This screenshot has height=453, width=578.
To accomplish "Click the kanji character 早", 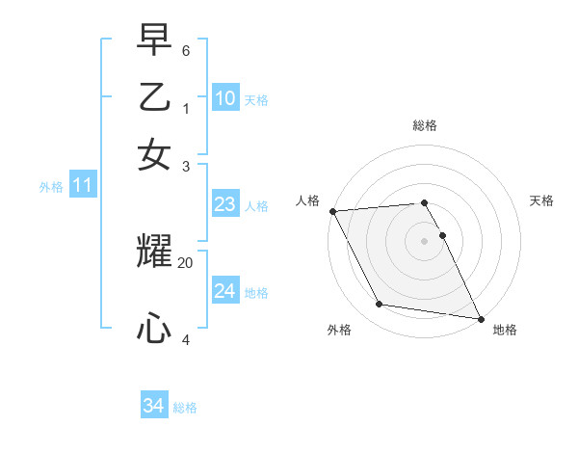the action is (154, 40).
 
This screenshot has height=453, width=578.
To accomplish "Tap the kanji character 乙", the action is (154, 98).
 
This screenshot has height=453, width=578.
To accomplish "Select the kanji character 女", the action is (154, 155).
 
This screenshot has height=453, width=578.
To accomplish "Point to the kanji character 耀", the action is (154, 253).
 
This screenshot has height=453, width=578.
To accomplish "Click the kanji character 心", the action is (154, 330).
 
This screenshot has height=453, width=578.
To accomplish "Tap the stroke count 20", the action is (186, 262).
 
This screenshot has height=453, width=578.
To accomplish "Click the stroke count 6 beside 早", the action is (186, 49).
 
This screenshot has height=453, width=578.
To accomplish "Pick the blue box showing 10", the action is (224, 98).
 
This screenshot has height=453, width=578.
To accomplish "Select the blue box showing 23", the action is (224, 204).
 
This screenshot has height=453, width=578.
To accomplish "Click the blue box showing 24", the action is (224, 291).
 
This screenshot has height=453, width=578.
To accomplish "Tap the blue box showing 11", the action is (82, 186).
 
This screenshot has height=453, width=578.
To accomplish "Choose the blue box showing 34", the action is (153, 407).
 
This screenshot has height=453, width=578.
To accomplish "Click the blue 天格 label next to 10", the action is (256, 100).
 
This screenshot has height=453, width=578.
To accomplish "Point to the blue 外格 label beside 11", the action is (51, 187).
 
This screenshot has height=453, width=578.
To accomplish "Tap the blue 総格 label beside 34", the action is (185, 408).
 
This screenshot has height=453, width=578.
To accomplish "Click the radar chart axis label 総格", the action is (425, 125).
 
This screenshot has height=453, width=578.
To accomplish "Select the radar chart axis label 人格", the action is (308, 200).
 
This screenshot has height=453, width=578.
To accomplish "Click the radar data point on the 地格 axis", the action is (480, 317).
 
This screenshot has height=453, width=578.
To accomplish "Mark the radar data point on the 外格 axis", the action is (379, 305).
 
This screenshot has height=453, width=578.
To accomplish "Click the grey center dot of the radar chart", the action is (425, 240).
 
